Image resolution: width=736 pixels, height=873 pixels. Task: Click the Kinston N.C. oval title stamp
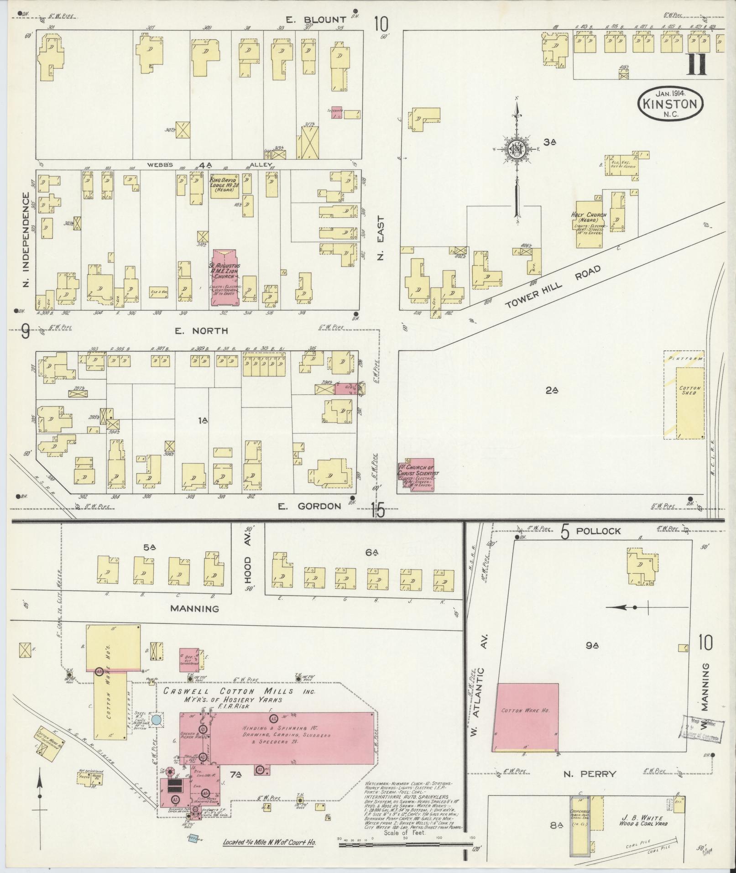tap(669, 104)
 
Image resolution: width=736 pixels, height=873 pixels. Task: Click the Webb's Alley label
tap(210, 165)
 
